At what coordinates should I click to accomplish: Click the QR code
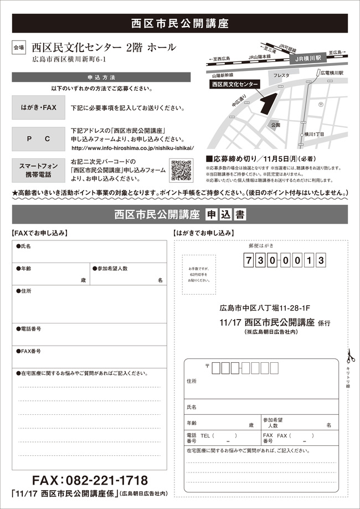(181, 170)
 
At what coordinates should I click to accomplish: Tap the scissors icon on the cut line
(349, 355)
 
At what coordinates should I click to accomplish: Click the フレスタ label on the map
(281, 74)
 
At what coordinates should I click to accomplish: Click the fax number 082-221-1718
(89, 480)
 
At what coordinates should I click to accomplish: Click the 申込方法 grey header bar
(101, 78)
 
